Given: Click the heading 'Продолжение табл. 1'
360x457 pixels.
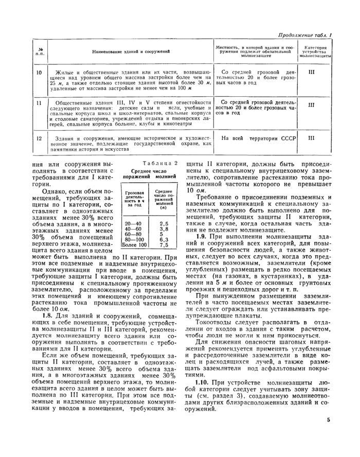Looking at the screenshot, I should click(304, 35).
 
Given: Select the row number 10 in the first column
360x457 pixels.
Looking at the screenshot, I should click(39, 73).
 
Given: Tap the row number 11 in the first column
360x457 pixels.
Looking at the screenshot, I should click(39, 103).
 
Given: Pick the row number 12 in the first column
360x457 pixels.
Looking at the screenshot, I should click(39, 138).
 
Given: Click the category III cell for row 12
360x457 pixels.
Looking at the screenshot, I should click(311, 138).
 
